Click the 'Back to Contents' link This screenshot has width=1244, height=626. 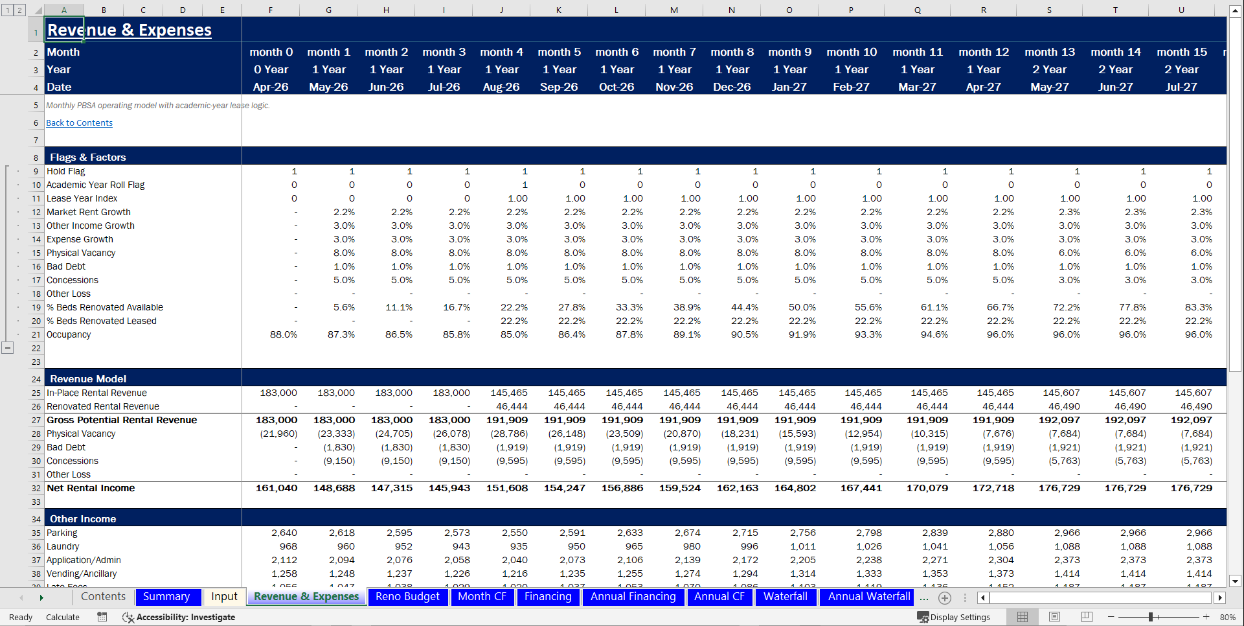79,123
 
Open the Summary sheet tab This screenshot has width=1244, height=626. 166,597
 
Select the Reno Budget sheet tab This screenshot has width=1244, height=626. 407,597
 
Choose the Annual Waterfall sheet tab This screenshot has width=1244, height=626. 868,597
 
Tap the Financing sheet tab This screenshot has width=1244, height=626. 547,597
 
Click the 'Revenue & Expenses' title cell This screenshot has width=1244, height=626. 130,30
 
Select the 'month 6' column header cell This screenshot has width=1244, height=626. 616,52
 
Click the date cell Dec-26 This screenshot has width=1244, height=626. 732,87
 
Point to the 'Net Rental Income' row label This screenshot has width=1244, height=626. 91,489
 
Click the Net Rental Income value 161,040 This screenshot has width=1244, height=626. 277,489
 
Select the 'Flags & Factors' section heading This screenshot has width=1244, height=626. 88,157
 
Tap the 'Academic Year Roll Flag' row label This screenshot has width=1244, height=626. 95,185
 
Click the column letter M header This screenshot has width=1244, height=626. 674,10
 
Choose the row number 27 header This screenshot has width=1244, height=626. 36,421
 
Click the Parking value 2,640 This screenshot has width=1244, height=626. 284,533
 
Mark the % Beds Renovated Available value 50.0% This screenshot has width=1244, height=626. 802,308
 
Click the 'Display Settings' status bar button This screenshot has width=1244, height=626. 954,618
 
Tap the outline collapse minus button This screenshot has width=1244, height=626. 7,348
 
